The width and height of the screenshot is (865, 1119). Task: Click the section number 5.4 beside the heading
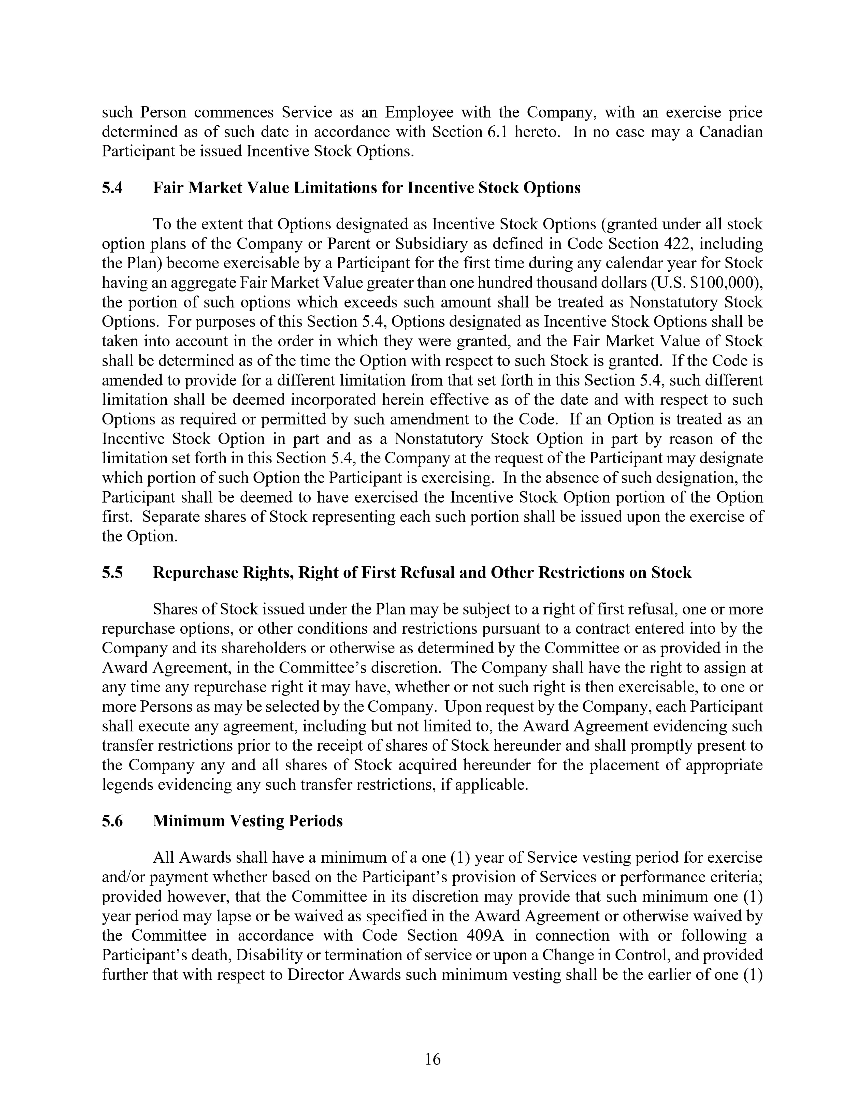tap(112, 188)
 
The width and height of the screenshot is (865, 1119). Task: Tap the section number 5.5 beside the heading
tap(112, 572)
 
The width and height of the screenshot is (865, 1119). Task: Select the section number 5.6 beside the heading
tap(112, 821)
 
